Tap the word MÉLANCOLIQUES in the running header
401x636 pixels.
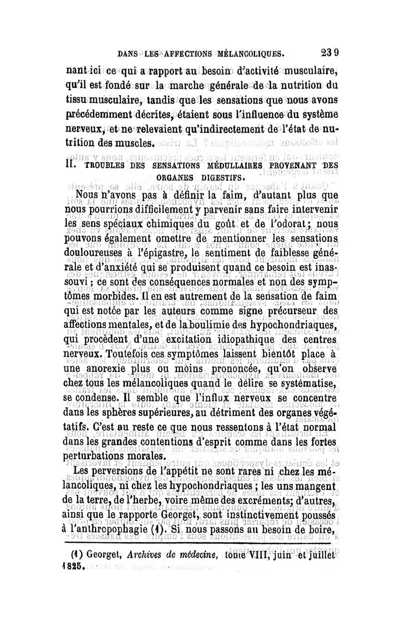[249, 51]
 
